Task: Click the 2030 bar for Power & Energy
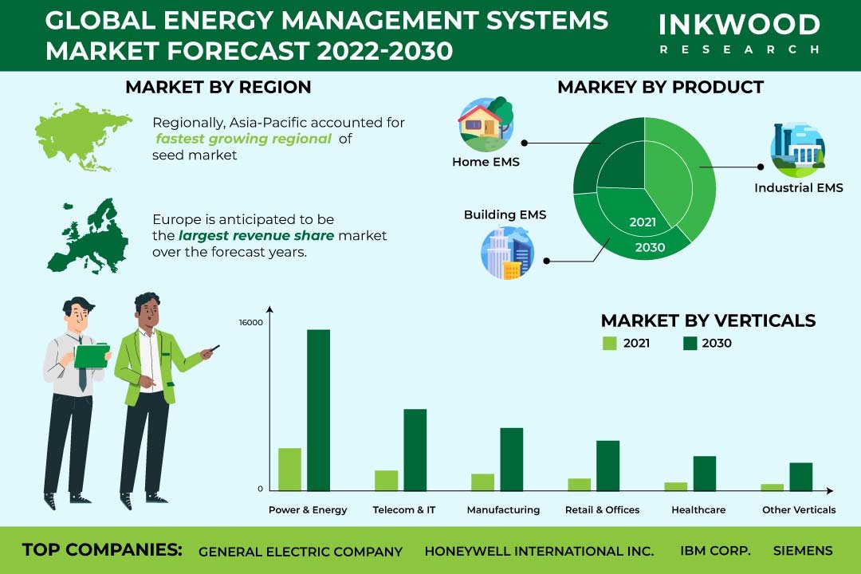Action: click(318, 410)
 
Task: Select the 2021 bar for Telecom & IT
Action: click(387, 481)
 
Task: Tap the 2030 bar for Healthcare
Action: click(705, 474)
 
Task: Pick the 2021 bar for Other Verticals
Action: click(773, 487)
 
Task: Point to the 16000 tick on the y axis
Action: click(251, 322)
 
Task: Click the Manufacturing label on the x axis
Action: click(503, 509)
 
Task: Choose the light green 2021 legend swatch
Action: click(610, 344)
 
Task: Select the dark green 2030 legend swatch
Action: click(690, 344)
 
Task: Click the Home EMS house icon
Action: click(486, 124)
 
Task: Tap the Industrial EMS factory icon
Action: click(798, 150)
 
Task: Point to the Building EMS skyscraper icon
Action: click(507, 254)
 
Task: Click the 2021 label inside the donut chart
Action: click(643, 222)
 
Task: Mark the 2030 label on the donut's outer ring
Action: click(651, 247)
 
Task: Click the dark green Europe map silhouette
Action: click(88, 236)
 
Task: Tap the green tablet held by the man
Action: click(92, 356)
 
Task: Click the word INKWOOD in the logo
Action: click(740, 25)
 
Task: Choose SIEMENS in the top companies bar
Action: click(803, 550)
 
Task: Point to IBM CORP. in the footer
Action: click(715, 550)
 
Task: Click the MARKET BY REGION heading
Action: click(218, 87)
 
